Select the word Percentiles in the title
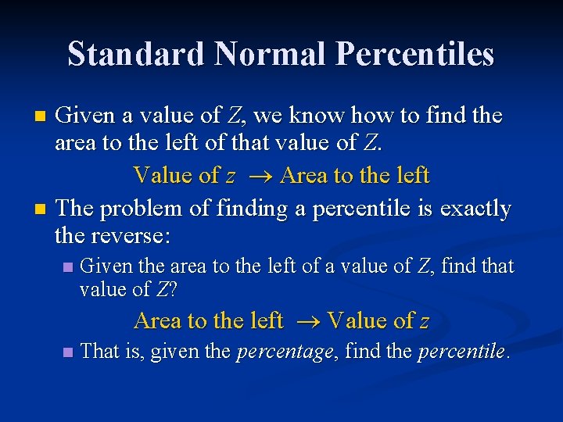(414, 55)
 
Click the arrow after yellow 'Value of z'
(258, 176)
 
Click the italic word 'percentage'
(284, 352)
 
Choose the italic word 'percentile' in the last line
(461, 352)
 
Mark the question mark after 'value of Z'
(173, 290)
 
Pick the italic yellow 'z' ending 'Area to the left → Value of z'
(424, 322)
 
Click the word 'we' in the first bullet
(267, 116)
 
